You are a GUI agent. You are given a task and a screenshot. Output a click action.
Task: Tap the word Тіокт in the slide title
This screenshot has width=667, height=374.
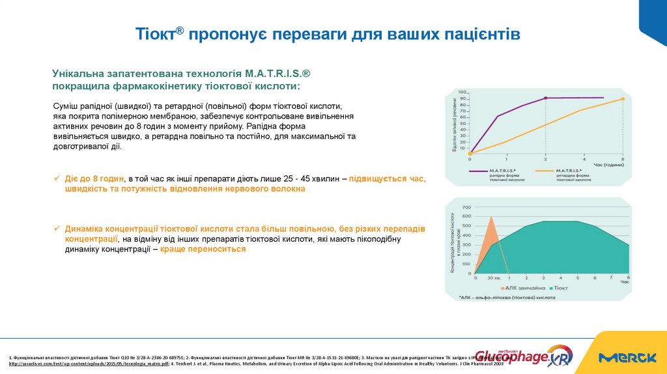click(157, 35)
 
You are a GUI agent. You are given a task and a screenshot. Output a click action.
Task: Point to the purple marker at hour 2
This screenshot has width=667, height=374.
click(545, 98)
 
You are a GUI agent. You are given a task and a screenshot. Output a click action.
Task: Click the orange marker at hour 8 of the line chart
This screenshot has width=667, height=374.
click(623, 99)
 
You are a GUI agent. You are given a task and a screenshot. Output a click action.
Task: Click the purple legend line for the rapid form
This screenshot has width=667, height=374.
click(483, 171)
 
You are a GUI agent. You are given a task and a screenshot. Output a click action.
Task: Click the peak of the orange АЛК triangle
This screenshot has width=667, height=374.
click(492, 217)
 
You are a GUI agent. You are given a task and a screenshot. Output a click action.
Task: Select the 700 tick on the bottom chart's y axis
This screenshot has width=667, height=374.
click(466, 207)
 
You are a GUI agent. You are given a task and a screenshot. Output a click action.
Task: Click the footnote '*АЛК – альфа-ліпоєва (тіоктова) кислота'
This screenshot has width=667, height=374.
click(507, 297)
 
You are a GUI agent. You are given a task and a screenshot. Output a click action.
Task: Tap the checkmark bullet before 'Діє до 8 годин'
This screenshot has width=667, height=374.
click(57, 179)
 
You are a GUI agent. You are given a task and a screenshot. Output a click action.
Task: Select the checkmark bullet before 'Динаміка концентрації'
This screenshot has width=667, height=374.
click(57, 229)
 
